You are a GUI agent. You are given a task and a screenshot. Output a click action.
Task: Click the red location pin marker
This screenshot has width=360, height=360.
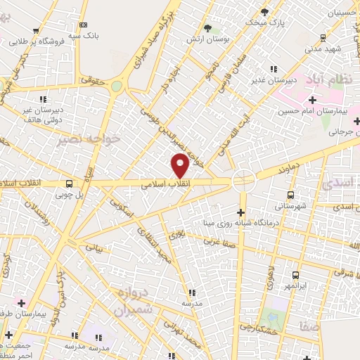pyautogui.click(x=180, y=167)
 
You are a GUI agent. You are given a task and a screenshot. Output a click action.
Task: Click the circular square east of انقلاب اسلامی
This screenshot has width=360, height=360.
pyautogui.click(x=244, y=180)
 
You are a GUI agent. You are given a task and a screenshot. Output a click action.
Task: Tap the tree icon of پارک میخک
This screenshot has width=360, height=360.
pyautogui.click(x=264, y=13)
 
